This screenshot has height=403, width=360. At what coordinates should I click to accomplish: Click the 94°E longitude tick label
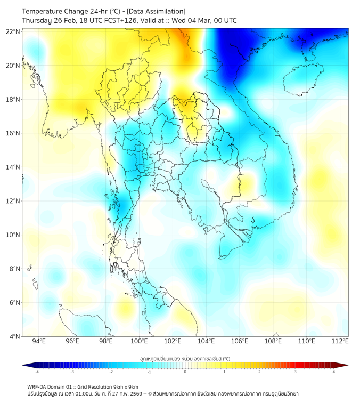click(x=39, y=342)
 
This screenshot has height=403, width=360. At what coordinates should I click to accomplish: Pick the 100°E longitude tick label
click(x=140, y=342)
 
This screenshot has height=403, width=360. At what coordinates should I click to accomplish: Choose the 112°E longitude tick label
click(x=340, y=342)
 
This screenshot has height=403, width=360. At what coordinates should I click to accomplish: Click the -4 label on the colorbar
click(x=36, y=372)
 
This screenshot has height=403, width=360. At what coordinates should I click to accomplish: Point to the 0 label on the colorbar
click(x=185, y=372)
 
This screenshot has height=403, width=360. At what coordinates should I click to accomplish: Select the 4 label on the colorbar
click(x=334, y=372)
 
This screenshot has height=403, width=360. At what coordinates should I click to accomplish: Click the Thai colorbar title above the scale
click(x=185, y=359)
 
